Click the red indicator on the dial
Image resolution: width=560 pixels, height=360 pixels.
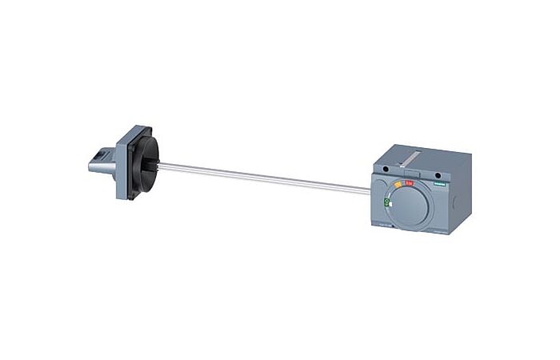pos(410,183)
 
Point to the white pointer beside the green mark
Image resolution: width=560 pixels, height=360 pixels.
pos(387,210)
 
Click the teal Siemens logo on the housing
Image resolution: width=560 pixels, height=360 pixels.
pos(438,183)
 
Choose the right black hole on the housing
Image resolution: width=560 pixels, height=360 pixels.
pos(437,170)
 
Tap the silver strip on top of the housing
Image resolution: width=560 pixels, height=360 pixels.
pos(411,160)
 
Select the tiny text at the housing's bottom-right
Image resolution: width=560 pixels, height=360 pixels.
pos(438,233)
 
